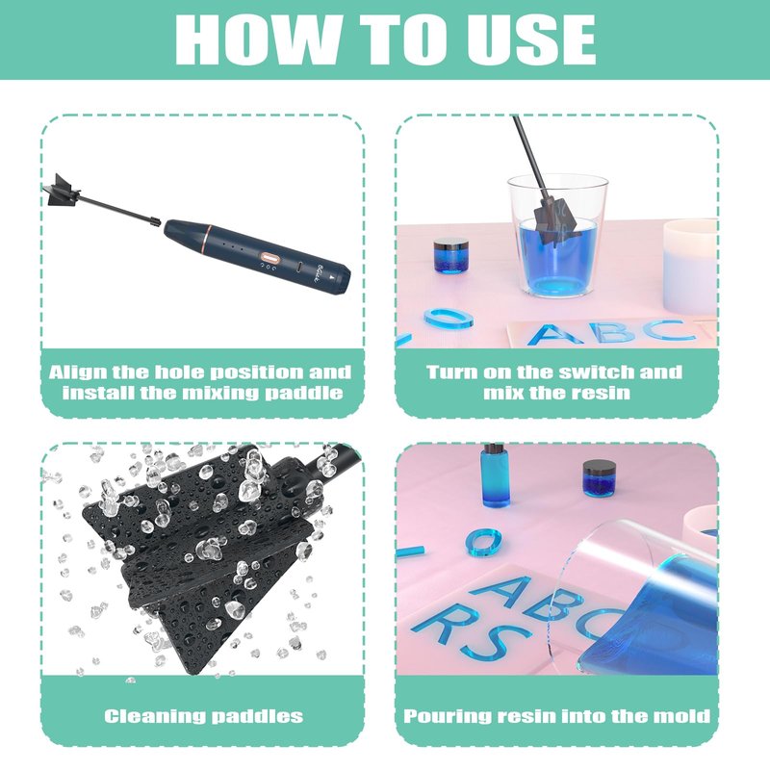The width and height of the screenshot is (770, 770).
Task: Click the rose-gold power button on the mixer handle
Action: [269, 257]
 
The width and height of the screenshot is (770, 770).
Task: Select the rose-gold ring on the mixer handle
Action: [207, 240]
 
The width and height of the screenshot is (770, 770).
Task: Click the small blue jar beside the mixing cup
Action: [451, 255]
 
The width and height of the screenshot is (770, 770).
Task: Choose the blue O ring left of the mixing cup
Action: [449, 320]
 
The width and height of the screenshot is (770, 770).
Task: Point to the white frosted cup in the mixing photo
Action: [690, 268]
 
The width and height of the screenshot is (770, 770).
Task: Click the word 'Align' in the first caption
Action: [78, 372]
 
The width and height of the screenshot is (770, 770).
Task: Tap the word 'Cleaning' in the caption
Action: [155, 716]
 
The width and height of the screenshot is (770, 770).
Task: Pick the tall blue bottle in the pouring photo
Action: [495, 475]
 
